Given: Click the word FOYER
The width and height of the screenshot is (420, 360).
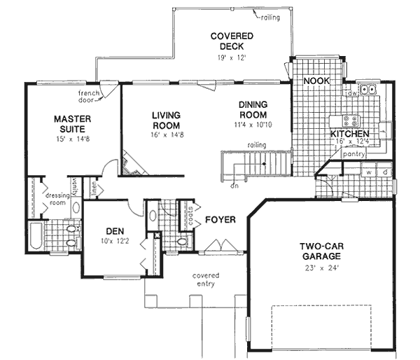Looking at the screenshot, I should pos(220,220).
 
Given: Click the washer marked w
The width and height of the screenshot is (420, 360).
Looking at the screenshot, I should pos(368,171).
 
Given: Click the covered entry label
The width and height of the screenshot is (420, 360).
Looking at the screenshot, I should pos(205,279).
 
